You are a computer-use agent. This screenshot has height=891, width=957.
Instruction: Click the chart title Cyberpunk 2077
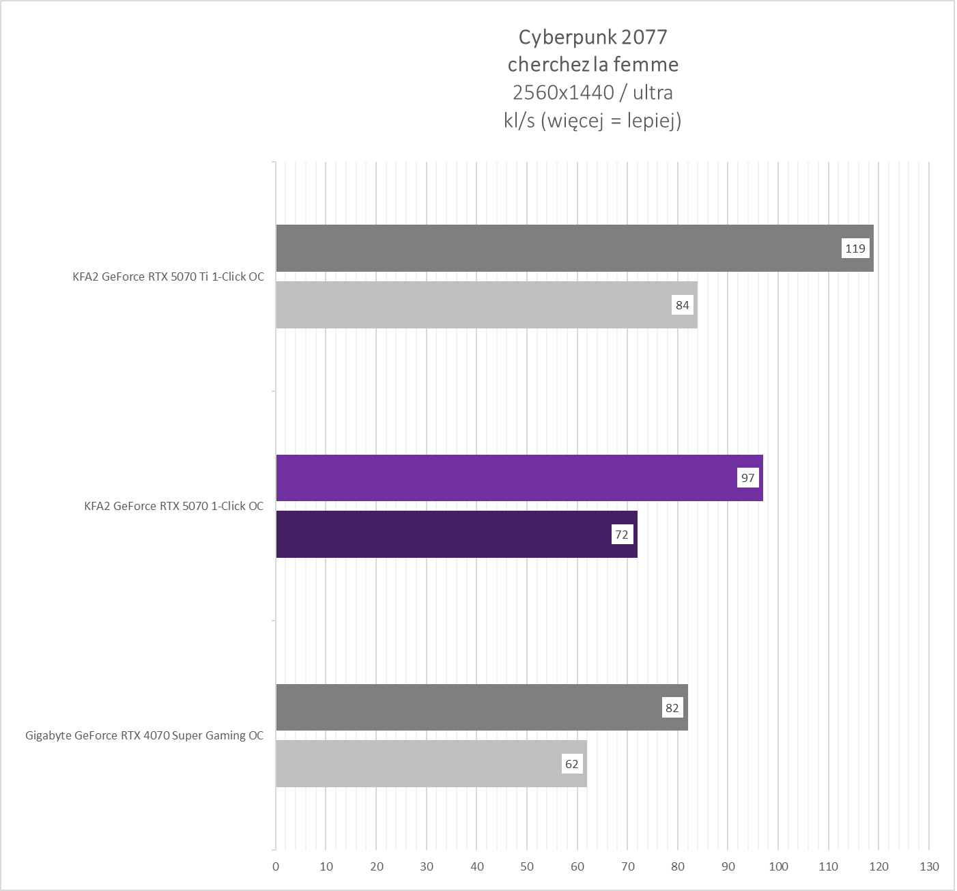tap(592, 36)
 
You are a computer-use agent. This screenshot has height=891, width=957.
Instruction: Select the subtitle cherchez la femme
tap(592, 64)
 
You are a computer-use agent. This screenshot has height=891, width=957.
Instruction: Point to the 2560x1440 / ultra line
tap(592, 92)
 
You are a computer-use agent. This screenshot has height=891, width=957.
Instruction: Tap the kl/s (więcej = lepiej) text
tap(592, 121)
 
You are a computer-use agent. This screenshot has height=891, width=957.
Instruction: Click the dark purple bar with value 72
tap(444, 535)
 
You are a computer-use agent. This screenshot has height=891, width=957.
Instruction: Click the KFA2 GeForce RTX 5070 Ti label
tap(168, 277)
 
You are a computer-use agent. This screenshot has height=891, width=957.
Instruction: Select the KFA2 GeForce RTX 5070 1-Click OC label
tap(173, 506)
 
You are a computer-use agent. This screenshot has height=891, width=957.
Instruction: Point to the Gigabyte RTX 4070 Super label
tap(144, 735)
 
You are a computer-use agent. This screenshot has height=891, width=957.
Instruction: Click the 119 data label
tap(855, 249)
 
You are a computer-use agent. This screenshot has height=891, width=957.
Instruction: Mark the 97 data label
tap(748, 478)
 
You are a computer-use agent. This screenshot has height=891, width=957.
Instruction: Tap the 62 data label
tap(572, 764)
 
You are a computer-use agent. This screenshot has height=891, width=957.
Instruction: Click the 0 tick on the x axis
tap(276, 867)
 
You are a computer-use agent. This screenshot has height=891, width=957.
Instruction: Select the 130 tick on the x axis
tap(929, 867)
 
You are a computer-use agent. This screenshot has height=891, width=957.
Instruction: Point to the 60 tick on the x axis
tap(577, 867)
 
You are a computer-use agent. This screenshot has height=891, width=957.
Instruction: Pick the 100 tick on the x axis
tap(778, 867)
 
